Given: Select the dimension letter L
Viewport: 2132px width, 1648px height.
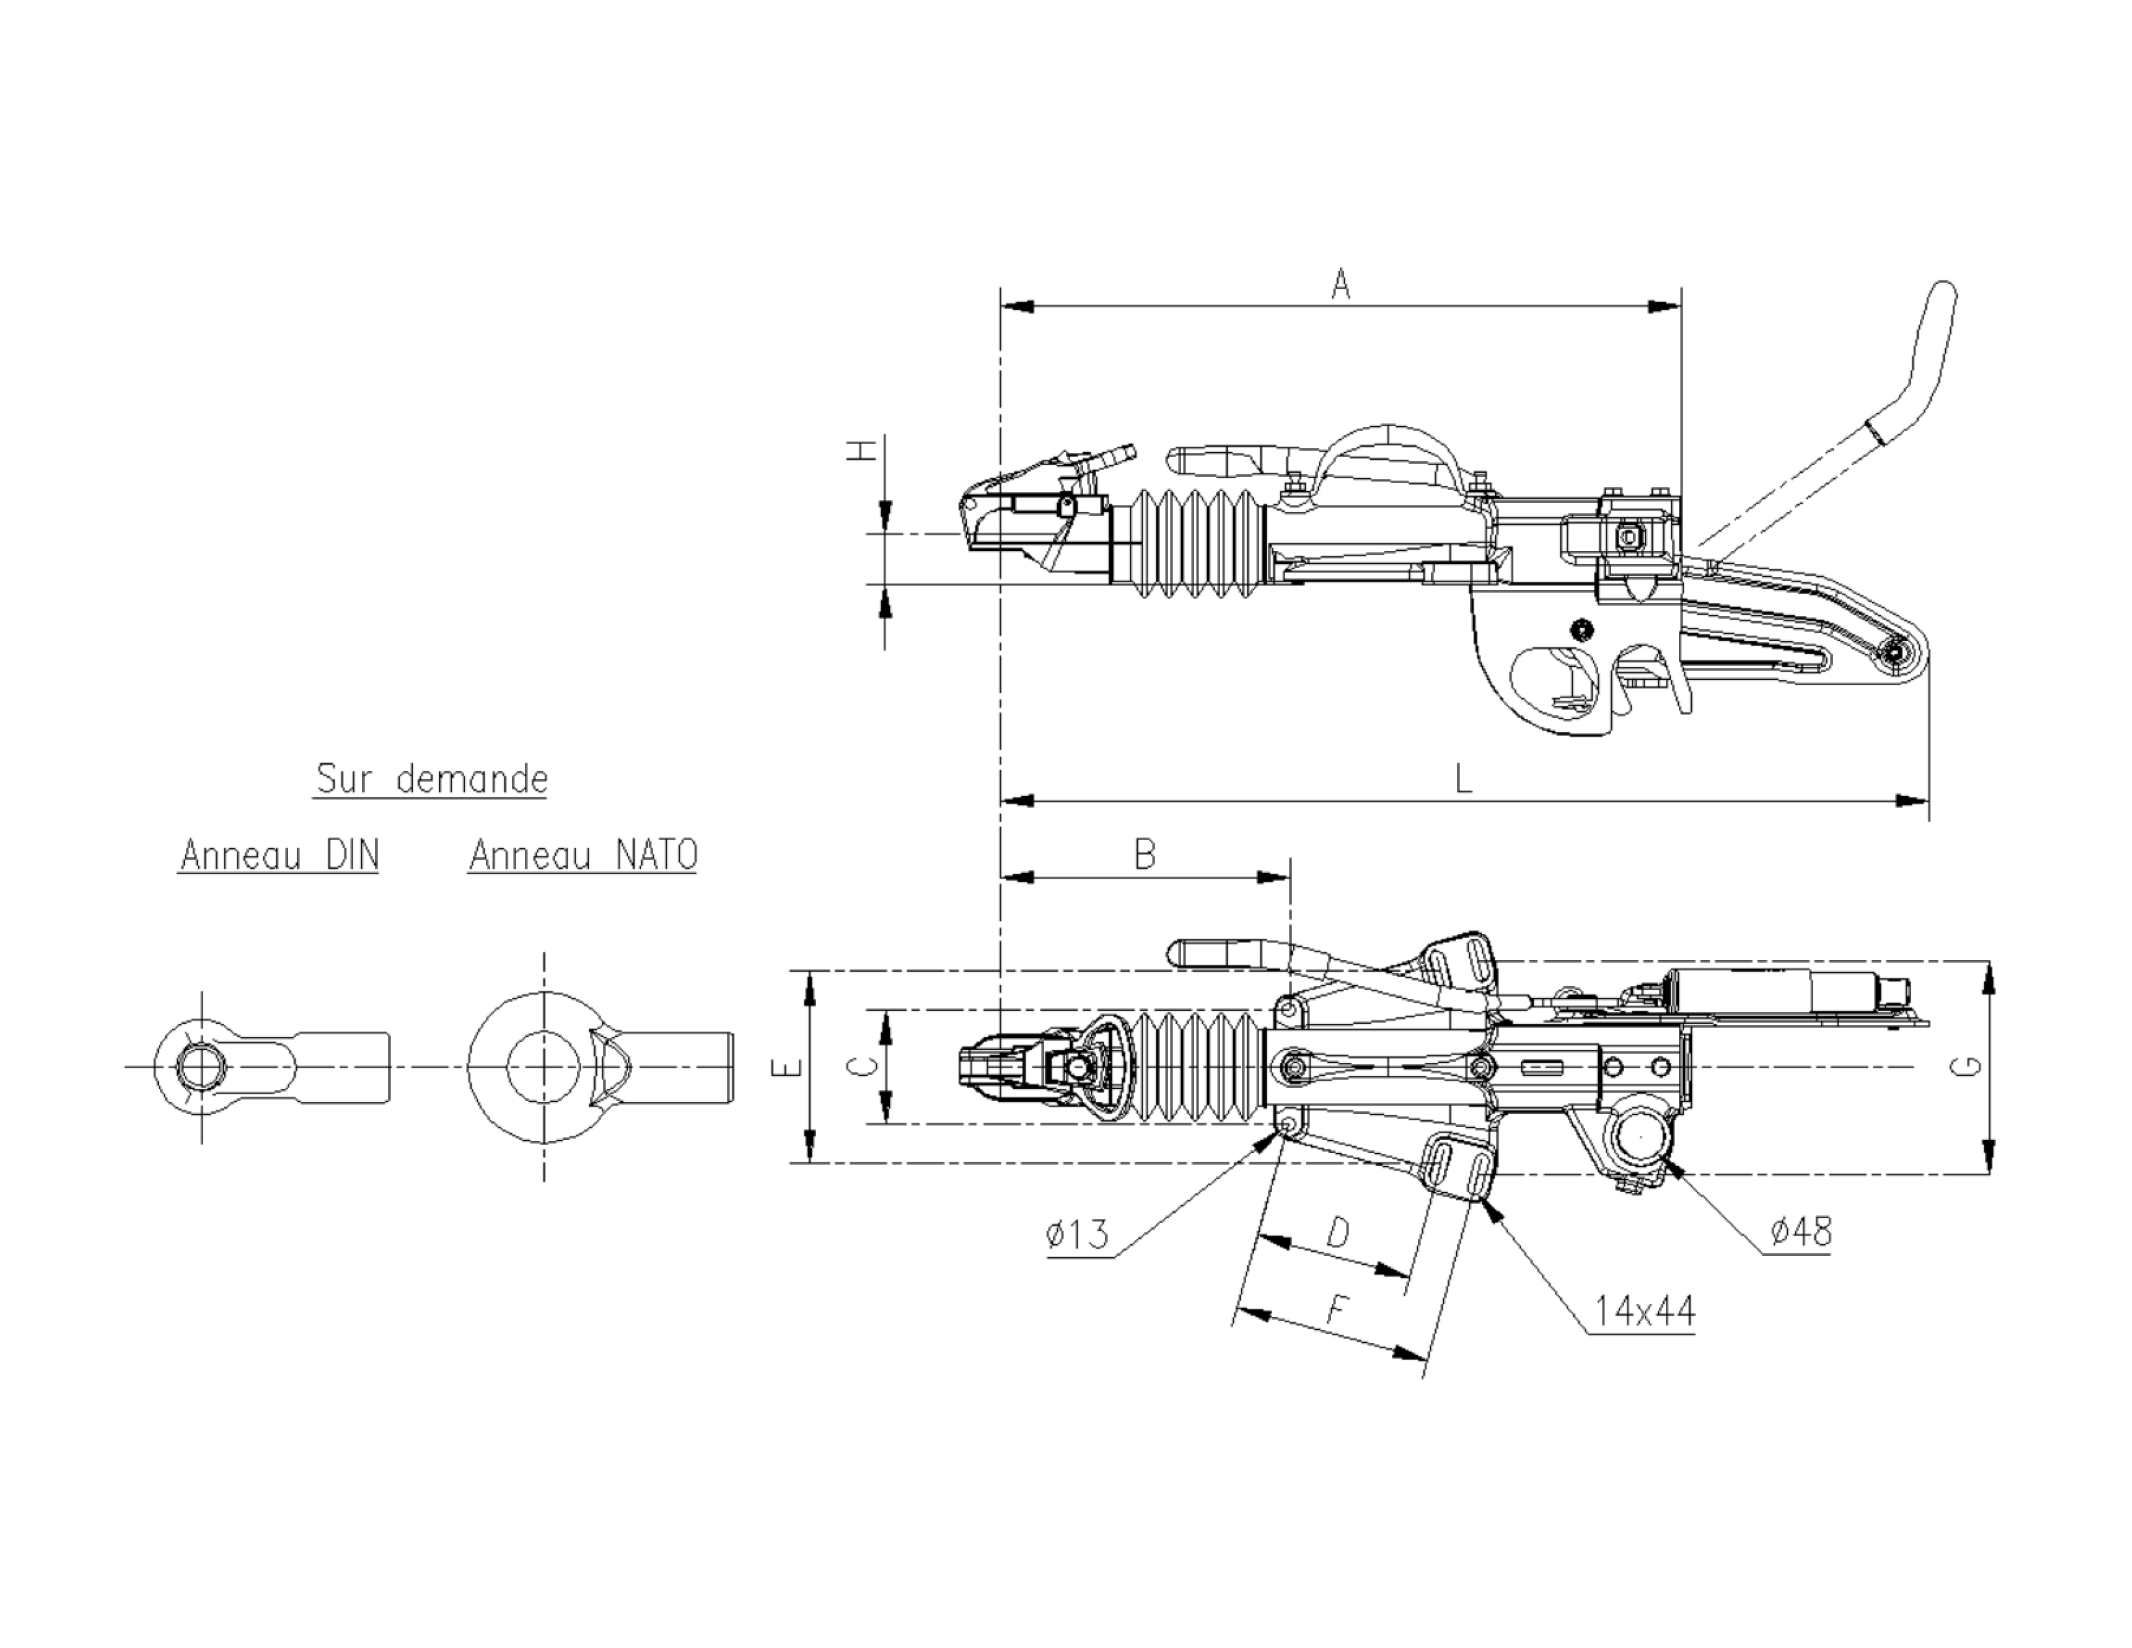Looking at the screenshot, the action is tap(1463, 780).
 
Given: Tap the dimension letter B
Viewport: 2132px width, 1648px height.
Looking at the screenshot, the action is tap(1145, 855).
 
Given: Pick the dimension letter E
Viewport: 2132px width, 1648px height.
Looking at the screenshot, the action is tap(794, 1067).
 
